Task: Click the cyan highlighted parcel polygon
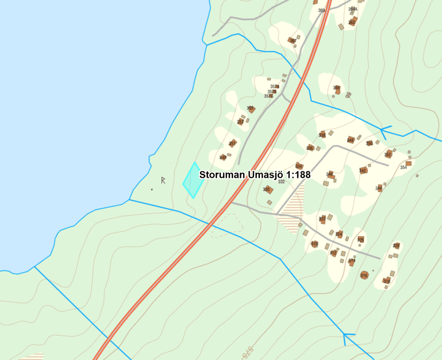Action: coord(193,181)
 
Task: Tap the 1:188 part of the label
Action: coord(299,175)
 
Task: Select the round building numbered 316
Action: coord(364,275)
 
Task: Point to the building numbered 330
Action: coord(268,189)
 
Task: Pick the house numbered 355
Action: coord(251,110)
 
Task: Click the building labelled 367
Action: coord(294,41)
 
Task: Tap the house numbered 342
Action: coord(364,170)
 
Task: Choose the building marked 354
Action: coord(408,163)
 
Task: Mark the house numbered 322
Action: coord(323,219)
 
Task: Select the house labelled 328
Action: coord(396,246)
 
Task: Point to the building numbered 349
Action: coord(223,157)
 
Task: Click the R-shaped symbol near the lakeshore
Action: coord(163,180)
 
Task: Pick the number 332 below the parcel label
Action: coord(281,182)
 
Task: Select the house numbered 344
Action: coord(379,188)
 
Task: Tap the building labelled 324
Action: coord(339,234)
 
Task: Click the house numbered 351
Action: coord(233,144)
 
